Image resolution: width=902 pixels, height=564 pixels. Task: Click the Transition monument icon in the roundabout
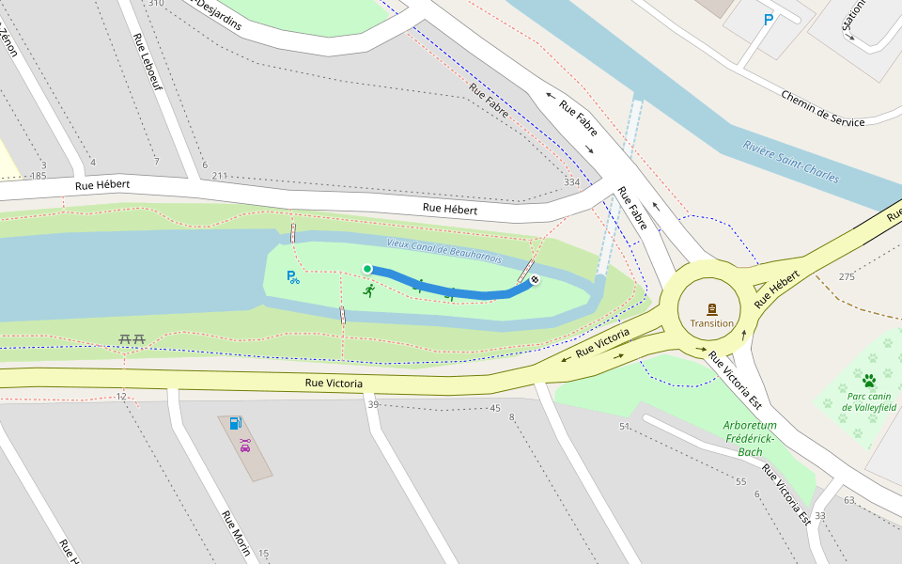point(711,309)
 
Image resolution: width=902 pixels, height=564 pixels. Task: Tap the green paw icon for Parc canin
point(869,381)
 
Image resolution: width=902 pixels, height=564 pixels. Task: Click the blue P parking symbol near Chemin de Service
point(769,19)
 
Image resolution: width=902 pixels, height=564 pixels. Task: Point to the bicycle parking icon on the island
point(293,277)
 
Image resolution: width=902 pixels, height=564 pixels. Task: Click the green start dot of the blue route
point(367,269)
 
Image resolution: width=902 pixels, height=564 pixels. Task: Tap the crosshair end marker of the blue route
point(535,279)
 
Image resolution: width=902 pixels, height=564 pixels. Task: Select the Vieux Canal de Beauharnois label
point(443,250)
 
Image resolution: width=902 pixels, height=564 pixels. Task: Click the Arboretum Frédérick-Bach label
point(749,439)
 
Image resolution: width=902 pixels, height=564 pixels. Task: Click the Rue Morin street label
point(236,532)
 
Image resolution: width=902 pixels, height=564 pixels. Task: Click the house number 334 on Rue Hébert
point(571,182)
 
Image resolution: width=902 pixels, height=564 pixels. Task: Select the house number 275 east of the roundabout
point(847,276)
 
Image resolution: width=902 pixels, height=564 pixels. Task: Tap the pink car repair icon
point(245,445)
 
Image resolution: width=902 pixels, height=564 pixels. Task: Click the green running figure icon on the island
point(368,290)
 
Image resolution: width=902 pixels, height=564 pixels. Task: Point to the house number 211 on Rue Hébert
point(220,176)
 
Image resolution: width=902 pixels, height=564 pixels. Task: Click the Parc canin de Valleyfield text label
point(869,401)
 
